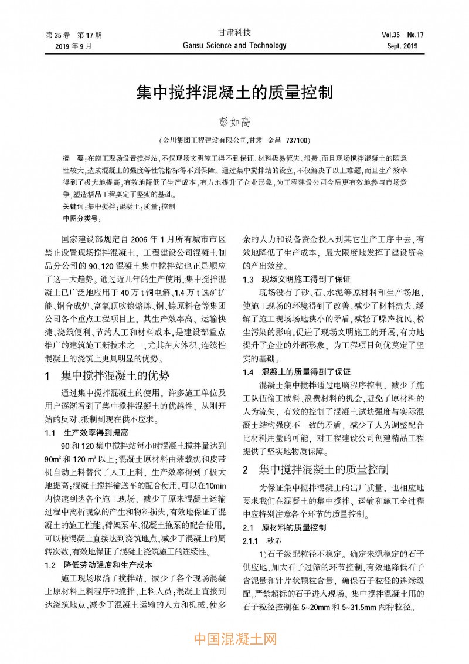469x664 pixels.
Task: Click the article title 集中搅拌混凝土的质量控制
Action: coord(235,92)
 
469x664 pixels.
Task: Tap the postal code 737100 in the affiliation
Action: coord(297,141)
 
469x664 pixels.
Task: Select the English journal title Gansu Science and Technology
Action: coord(235,45)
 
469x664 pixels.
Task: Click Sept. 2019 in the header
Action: coord(402,46)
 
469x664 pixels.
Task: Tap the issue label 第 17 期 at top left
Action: coord(90,34)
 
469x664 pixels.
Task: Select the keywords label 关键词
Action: coord(73,206)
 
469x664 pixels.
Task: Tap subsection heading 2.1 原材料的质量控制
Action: coord(285,527)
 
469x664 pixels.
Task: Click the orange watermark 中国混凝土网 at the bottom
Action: coord(235,638)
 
